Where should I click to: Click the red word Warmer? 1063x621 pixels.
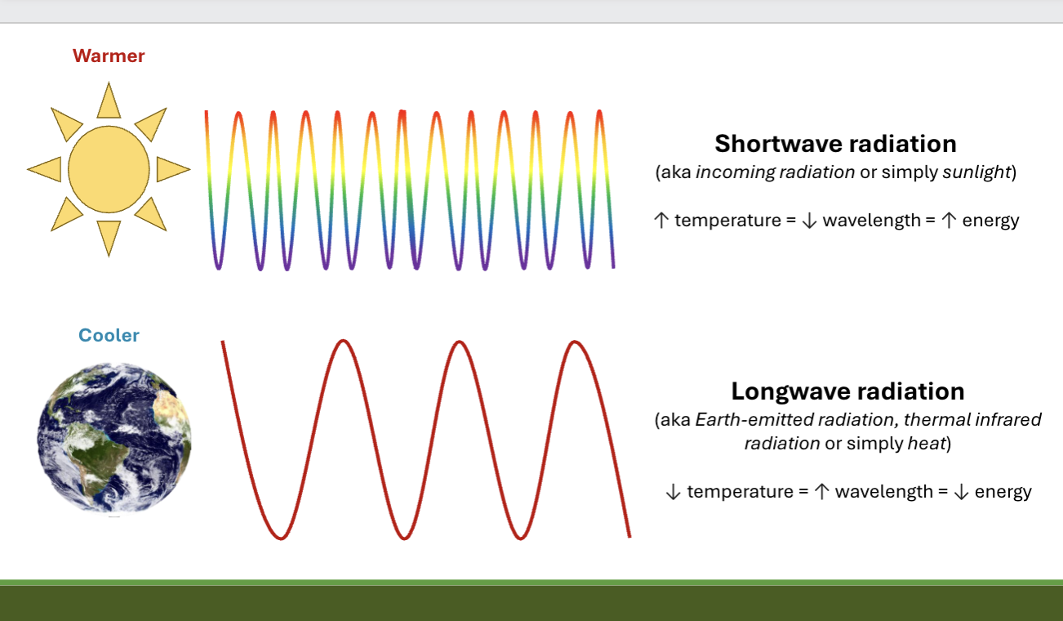(x=109, y=56)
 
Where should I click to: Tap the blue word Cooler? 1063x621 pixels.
(x=109, y=336)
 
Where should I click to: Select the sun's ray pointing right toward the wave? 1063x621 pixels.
(x=171, y=169)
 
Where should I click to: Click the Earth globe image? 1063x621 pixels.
(x=114, y=438)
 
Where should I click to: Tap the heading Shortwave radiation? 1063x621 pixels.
(x=835, y=144)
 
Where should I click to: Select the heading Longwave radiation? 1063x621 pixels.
(x=847, y=391)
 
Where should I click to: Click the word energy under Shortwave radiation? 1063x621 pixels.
(x=990, y=221)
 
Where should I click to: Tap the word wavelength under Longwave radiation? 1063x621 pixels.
(x=883, y=492)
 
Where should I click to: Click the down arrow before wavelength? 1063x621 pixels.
(x=809, y=221)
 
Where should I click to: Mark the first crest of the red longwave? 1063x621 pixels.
(x=344, y=342)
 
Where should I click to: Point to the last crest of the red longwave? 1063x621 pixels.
(x=576, y=342)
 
